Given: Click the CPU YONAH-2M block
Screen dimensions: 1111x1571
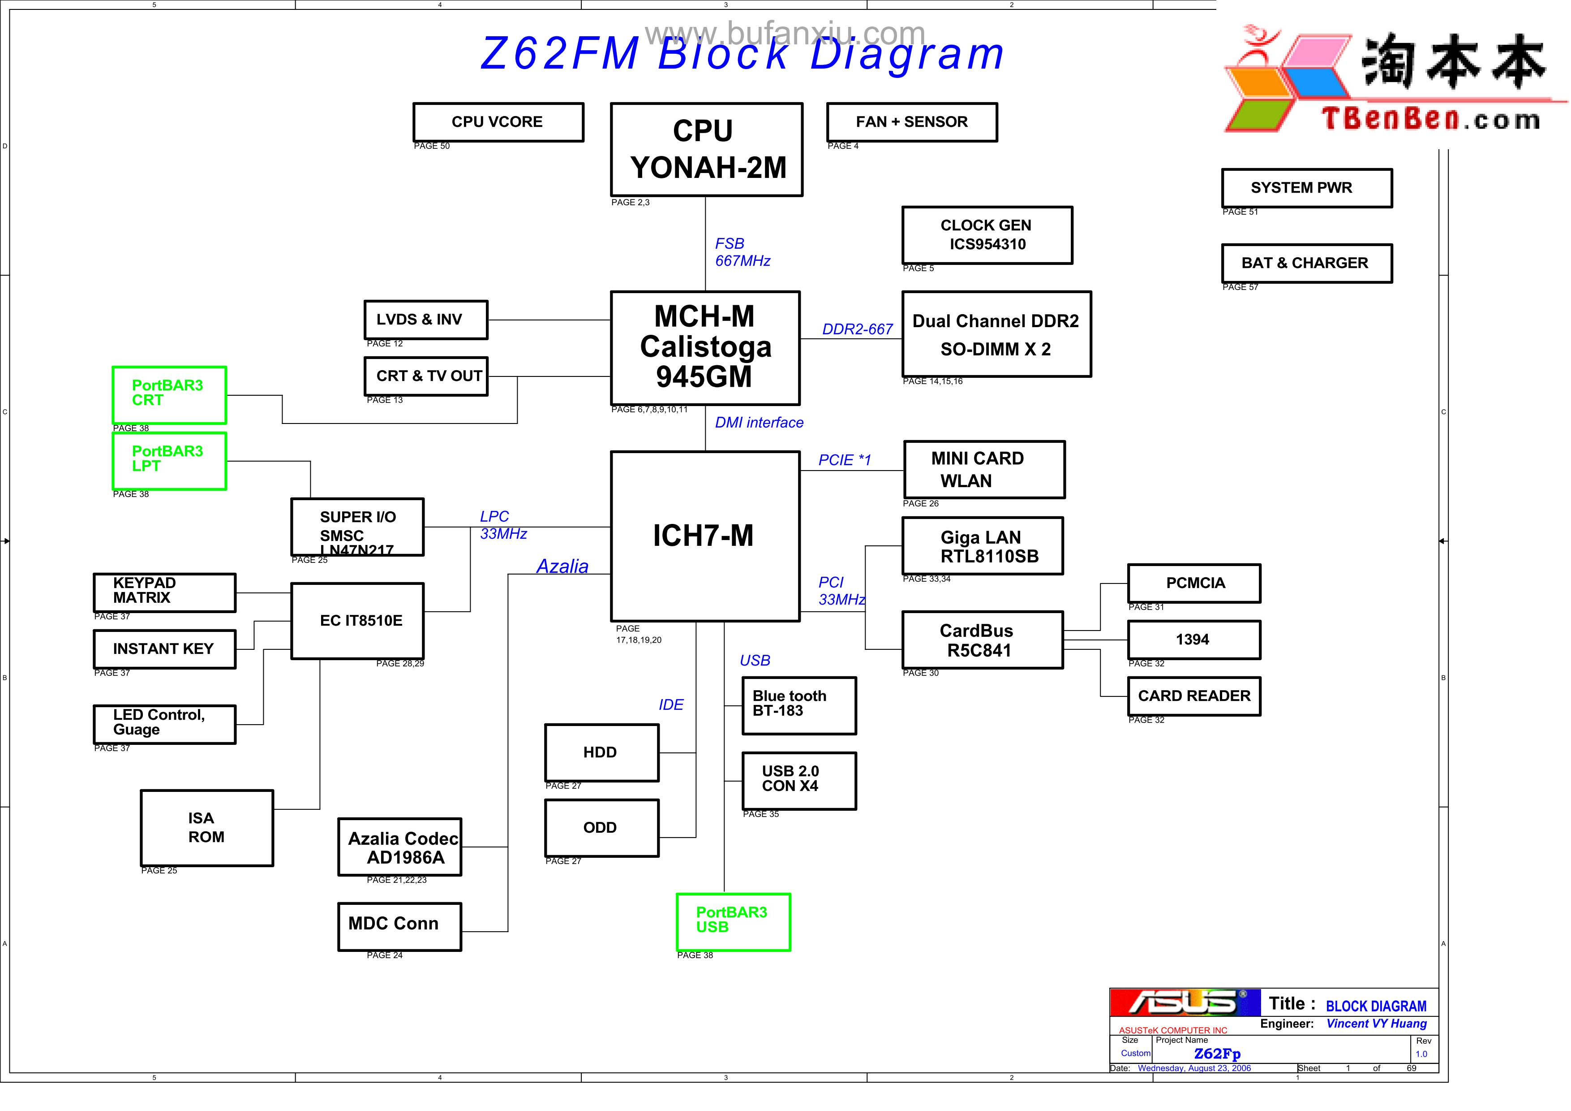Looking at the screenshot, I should pos(706,149).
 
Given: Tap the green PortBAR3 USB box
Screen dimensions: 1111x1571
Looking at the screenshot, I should pos(733,921).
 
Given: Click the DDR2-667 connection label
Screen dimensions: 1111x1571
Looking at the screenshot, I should pos(857,329).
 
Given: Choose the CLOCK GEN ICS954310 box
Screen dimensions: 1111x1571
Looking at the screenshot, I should pos(987,235).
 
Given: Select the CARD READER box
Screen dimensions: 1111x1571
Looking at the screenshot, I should pos(1193,696).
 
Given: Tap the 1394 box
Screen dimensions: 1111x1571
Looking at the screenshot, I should pos(1193,640).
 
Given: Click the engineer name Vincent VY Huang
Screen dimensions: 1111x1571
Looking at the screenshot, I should pos(1376,1024).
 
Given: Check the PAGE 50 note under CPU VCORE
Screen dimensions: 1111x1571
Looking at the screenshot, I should pos(432,146).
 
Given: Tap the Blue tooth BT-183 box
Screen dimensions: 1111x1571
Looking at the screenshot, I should pos(798,705).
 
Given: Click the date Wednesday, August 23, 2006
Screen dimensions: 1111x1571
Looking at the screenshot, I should pos(1194,1068).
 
